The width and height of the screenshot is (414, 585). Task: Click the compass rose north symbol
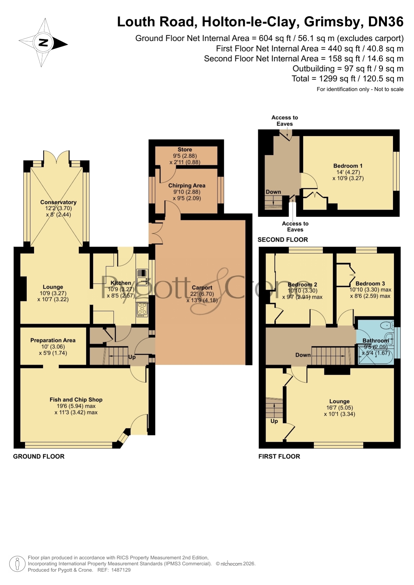(x=43, y=43)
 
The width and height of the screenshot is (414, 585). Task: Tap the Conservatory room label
(x=58, y=202)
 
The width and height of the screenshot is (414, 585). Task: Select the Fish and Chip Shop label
(x=76, y=400)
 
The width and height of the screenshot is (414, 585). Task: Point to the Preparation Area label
(x=53, y=340)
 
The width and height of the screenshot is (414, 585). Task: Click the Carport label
(x=202, y=288)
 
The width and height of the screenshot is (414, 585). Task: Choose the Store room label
(x=185, y=150)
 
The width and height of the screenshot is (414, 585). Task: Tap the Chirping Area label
(x=187, y=186)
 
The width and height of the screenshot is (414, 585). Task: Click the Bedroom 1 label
(x=348, y=166)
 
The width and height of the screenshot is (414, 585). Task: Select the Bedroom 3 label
(x=370, y=284)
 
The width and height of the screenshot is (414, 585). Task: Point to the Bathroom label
(x=376, y=341)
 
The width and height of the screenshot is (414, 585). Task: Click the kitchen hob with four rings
(x=142, y=309)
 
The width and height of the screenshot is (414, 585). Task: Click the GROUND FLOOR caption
(x=39, y=456)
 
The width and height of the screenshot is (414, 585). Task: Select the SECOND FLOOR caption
(x=283, y=240)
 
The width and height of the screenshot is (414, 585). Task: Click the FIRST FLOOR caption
(x=279, y=456)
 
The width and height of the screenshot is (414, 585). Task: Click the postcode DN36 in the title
(x=386, y=22)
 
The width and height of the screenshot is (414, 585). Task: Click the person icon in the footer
(x=17, y=564)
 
